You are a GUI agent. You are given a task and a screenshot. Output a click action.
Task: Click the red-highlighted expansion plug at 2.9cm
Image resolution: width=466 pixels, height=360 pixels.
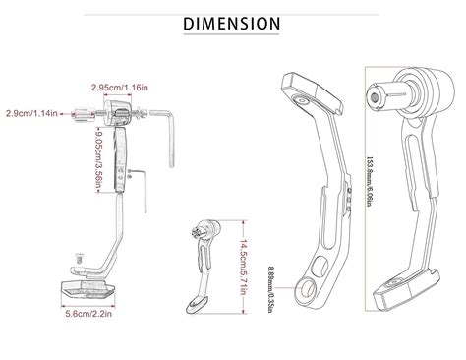[78, 114]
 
